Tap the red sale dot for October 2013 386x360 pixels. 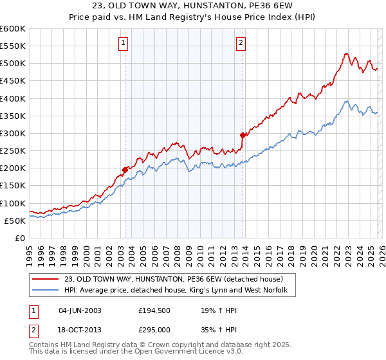tap(243, 135)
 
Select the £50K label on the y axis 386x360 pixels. tap(15, 221)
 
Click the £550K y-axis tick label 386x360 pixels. tap(13, 46)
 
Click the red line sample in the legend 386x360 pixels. tap(46, 279)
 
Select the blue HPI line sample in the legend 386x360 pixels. tap(46, 291)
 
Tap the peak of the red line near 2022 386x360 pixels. tap(346, 53)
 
